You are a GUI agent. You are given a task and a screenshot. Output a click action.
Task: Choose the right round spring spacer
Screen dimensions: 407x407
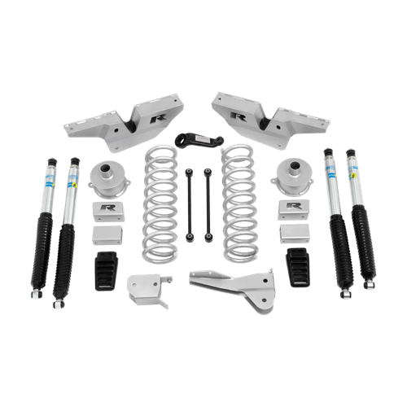tap(292, 174)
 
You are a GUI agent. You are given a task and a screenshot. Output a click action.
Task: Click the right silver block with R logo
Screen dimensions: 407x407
tap(292, 209)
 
